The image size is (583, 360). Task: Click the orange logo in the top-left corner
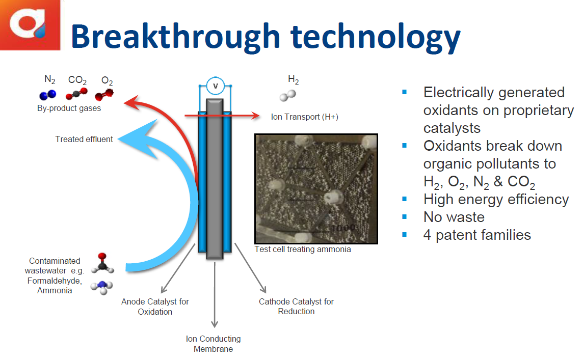(x=30, y=25)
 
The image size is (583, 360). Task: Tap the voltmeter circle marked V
(x=215, y=86)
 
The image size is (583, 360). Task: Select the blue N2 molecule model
(x=48, y=95)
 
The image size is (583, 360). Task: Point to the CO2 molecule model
(x=76, y=94)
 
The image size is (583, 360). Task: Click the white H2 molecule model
(x=288, y=96)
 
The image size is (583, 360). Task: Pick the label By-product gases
(x=69, y=108)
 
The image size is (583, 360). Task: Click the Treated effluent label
(x=84, y=140)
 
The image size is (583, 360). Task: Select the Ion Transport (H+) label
(x=305, y=117)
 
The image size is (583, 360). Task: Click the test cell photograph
(x=316, y=189)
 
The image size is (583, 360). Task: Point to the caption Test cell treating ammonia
(x=303, y=250)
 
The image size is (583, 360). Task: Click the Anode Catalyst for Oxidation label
(x=155, y=307)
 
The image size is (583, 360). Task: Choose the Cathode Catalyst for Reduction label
(x=296, y=307)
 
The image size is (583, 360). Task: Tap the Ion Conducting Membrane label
(x=214, y=344)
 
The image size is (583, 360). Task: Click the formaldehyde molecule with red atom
(x=102, y=263)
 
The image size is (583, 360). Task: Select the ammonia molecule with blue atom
(x=102, y=287)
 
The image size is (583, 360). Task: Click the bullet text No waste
(x=454, y=217)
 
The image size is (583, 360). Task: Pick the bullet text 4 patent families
(x=477, y=235)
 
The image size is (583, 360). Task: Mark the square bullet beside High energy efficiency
(x=405, y=199)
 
